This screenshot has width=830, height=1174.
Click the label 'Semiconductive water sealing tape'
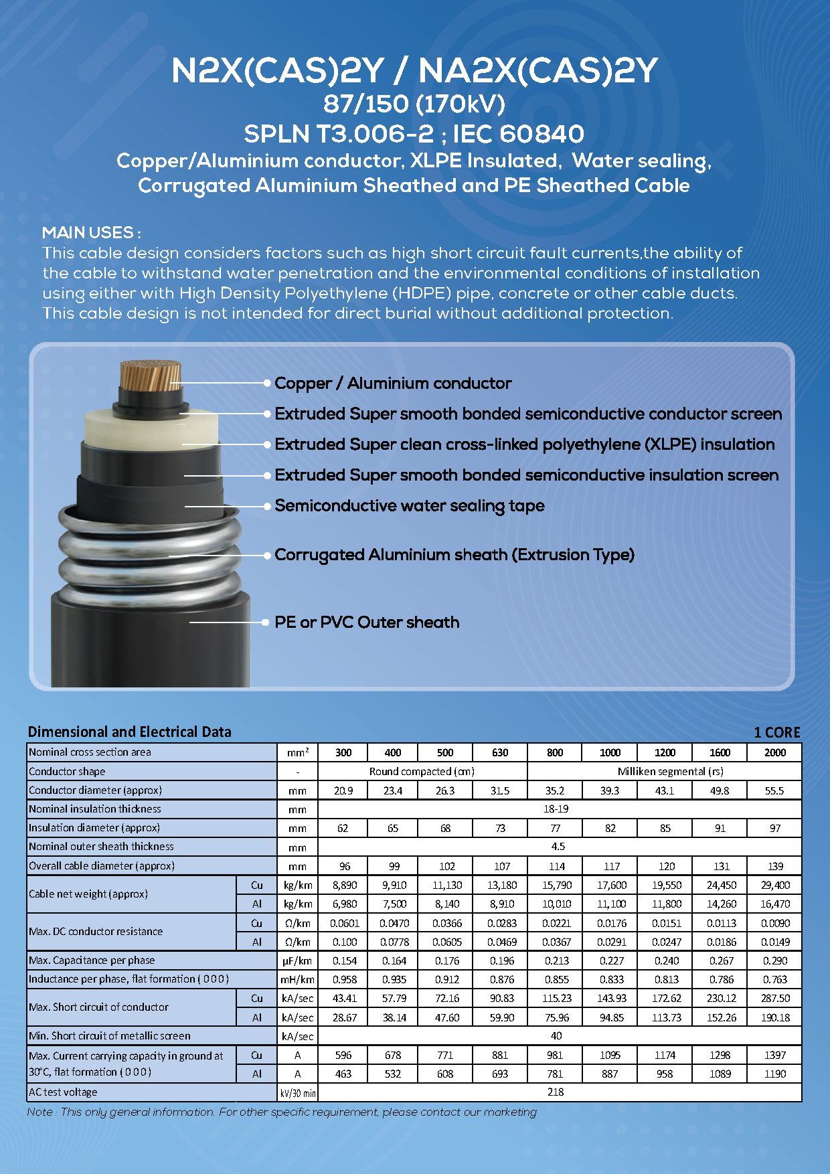coord(409,505)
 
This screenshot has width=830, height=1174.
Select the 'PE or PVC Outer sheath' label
coord(367,622)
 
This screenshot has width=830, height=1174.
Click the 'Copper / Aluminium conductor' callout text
coord(393,384)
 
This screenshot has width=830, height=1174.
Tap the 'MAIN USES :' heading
coord(91,233)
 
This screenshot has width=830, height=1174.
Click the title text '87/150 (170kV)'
coord(414,104)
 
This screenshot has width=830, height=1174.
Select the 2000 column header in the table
coord(774,752)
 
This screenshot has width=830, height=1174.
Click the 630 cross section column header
coord(500,752)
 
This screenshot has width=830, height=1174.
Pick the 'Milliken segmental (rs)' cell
coord(670,771)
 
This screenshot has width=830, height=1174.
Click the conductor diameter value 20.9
coord(343,790)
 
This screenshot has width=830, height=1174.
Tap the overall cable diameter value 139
coord(775,866)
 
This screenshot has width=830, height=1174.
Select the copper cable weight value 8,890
coord(344,885)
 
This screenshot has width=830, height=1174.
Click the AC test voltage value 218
coord(556,1092)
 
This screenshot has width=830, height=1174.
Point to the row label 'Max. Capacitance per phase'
coord(92,960)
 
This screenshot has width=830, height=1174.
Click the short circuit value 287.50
coord(775,998)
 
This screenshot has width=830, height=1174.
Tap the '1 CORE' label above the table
coord(776,732)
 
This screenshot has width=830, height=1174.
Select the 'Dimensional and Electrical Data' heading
coord(130,732)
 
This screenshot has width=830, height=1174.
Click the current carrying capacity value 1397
coord(775,1055)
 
